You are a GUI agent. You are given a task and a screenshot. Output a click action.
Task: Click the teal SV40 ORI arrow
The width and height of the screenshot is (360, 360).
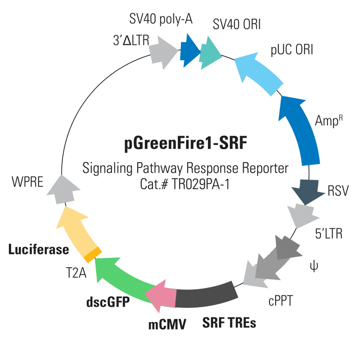210,51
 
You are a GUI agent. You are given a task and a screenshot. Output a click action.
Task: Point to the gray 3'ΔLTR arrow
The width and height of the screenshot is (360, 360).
163,50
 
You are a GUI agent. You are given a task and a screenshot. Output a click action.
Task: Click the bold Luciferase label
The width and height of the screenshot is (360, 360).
38,249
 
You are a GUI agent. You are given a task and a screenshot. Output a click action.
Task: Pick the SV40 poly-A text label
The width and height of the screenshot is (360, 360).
161,20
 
